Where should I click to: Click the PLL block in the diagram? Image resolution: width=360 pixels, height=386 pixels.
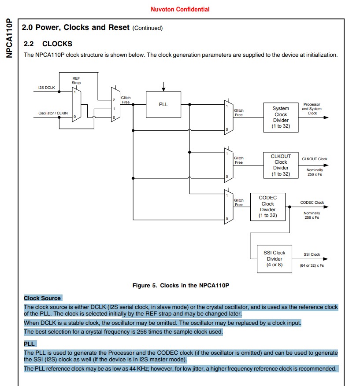pyautogui.click(x=163, y=105)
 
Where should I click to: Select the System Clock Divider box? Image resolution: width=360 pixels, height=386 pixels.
pyautogui.click(x=281, y=117)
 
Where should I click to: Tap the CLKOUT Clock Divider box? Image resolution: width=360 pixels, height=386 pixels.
pyautogui.click(x=281, y=165)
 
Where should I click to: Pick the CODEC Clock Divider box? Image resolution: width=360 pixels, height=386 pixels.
pyautogui.click(x=267, y=206)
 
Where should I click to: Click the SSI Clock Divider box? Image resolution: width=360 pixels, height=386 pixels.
pyautogui.click(x=275, y=259)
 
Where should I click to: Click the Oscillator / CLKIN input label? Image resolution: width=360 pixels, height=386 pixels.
pyautogui.click(x=53, y=113)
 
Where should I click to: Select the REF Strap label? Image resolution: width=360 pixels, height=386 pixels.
pyautogui.click(x=76, y=81)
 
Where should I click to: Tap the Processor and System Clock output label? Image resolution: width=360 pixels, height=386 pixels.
pyautogui.click(x=312, y=109)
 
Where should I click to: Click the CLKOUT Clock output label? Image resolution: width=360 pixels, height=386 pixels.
pyautogui.click(x=315, y=159)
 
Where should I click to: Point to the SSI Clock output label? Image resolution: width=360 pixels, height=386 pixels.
pyautogui.click(x=312, y=254)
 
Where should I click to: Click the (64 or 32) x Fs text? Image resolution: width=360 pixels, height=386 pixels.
pyautogui.click(x=312, y=265)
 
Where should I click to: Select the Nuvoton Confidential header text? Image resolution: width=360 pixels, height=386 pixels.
pyautogui.click(x=180, y=9)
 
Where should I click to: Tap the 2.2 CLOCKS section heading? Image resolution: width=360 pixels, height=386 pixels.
pyautogui.click(x=48, y=44)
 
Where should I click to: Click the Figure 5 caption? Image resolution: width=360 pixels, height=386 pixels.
pyautogui.click(x=181, y=285)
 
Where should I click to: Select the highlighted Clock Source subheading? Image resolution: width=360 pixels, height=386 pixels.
pyautogui.click(x=42, y=298)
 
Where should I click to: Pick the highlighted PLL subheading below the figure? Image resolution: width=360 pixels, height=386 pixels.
pyautogui.click(x=29, y=344)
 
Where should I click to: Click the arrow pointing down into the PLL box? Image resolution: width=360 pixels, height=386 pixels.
pyautogui.click(x=163, y=86)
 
